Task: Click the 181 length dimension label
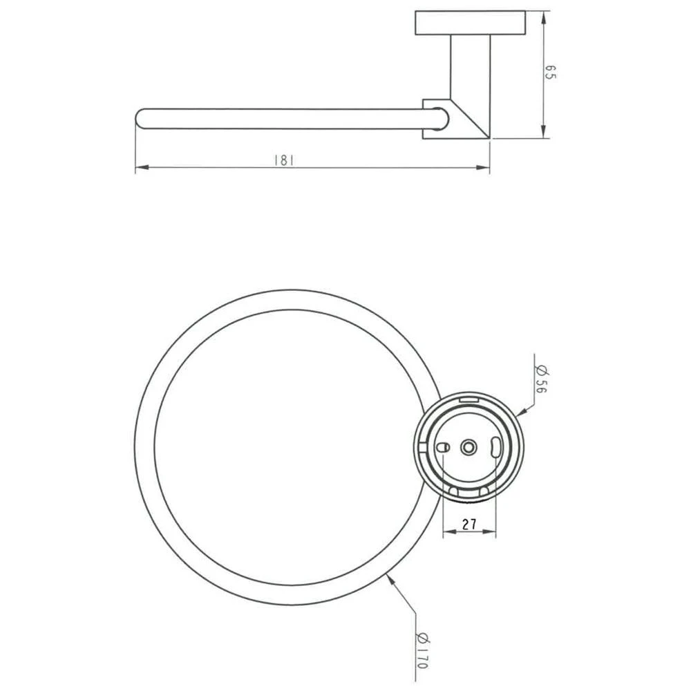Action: pos(284,160)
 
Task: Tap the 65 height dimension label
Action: pos(551,73)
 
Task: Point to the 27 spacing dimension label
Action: pos(469,524)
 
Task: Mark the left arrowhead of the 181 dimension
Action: pos(141,167)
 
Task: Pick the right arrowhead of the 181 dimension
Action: pos(484,167)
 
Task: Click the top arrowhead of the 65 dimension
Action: pos(543,18)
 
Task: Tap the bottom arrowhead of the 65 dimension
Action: pos(543,132)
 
